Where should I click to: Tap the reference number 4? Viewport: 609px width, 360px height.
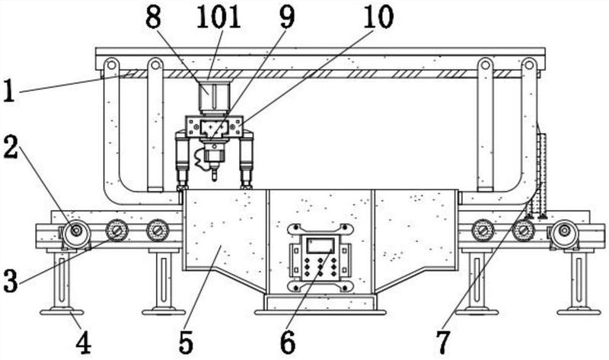point(83,342)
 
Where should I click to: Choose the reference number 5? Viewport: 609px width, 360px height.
point(185,342)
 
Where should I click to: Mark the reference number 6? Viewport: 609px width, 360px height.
point(287,342)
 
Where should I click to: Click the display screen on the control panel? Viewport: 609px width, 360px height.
point(319,245)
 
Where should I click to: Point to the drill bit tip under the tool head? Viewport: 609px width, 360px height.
point(214,180)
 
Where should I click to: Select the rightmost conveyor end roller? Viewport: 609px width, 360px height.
point(564,234)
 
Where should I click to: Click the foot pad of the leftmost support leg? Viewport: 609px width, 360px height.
point(62,310)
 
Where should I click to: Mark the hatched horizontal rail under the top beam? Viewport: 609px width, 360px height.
point(320,74)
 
